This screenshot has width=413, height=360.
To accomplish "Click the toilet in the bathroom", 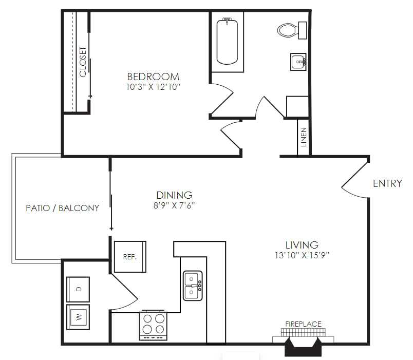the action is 292,30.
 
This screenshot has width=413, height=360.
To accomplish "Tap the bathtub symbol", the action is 227,42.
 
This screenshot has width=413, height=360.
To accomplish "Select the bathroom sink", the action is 298,62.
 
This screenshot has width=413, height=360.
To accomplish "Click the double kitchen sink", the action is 193,286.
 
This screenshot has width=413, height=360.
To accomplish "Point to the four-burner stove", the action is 153,326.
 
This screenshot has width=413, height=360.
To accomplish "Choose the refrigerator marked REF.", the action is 130,257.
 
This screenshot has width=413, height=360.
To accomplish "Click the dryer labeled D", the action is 78,289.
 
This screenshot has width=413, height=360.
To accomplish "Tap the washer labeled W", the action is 78,317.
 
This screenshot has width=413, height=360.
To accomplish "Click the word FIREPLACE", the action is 304,324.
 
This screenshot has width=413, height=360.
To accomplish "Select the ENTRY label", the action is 388,183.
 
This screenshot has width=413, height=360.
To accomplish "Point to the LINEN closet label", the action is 304,137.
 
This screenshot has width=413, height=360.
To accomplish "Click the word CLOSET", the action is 83,62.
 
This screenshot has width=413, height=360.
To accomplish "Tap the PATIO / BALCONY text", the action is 63,208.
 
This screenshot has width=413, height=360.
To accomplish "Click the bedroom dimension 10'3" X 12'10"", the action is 153,87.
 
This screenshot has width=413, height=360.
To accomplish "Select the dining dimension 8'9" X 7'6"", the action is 174,205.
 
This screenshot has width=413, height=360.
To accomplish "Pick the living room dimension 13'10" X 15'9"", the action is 302,255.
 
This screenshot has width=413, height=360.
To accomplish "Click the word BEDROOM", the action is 153,77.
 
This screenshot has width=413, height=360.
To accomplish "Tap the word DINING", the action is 174,195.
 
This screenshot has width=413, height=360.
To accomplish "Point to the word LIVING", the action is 302,245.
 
